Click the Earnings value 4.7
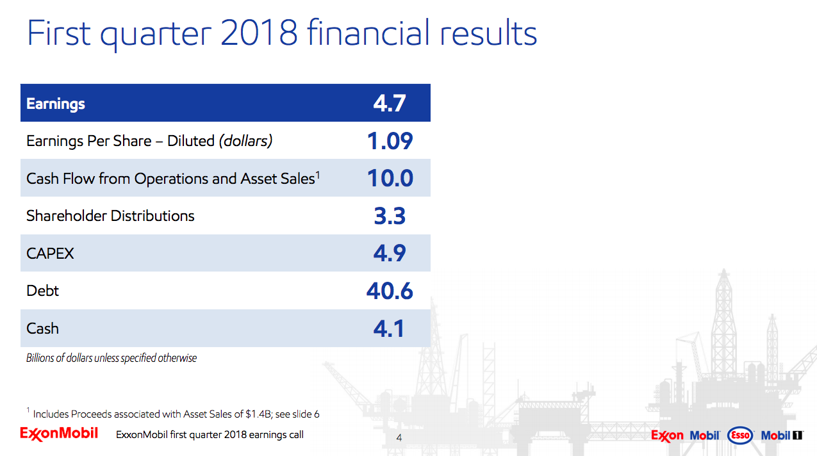(390, 103)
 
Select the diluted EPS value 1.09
(390, 141)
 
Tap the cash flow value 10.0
(390, 178)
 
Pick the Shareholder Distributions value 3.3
(390, 216)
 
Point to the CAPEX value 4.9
(390, 254)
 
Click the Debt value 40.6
(390, 291)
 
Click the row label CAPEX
(50, 254)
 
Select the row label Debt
(42, 291)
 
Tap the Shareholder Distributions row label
(110, 216)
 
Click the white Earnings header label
(56, 104)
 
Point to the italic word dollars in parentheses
(245, 141)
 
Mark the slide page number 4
(399, 438)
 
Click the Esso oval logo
(741, 436)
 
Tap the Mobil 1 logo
(782, 436)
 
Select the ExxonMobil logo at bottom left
(59, 434)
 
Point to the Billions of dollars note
(111, 358)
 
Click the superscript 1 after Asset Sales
(318, 174)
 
